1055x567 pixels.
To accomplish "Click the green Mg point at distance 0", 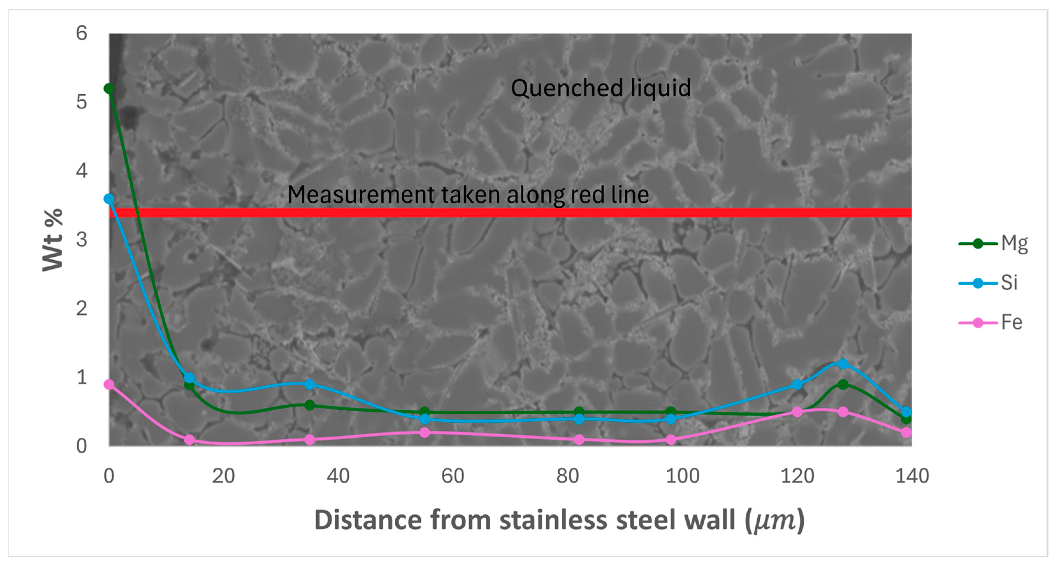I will [x=109, y=89].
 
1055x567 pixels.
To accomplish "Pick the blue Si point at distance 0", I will [x=109, y=199].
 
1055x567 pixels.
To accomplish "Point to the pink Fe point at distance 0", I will [x=109, y=384].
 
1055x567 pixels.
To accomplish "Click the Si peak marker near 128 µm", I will [x=843, y=364].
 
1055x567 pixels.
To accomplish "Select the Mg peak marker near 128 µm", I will [x=843, y=384].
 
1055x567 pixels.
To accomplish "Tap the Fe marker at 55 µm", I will [x=425, y=433].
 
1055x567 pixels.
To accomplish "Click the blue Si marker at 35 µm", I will [x=310, y=384].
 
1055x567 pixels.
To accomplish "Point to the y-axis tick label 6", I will [x=82, y=33].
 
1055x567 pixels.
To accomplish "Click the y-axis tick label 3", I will [x=82, y=240].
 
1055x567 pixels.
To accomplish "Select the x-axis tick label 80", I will [x=568, y=476].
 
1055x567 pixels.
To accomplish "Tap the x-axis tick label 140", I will [x=912, y=476].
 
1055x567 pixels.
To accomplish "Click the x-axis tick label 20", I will [x=223, y=476].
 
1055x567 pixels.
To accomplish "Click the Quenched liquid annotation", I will [x=600, y=88].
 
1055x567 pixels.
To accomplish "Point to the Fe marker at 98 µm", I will [x=671, y=440].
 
